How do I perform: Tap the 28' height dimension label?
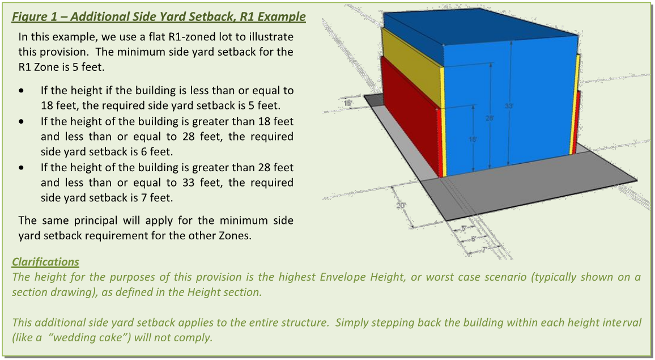tap(489, 118)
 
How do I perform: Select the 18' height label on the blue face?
tap(471, 139)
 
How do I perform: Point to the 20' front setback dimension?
tap(401, 205)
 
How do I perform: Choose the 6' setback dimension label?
tap(474, 239)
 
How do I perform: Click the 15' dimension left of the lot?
tap(348, 103)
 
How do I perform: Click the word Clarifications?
tap(45, 262)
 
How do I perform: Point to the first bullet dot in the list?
tap(22, 91)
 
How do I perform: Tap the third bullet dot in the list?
tap(22, 168)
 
